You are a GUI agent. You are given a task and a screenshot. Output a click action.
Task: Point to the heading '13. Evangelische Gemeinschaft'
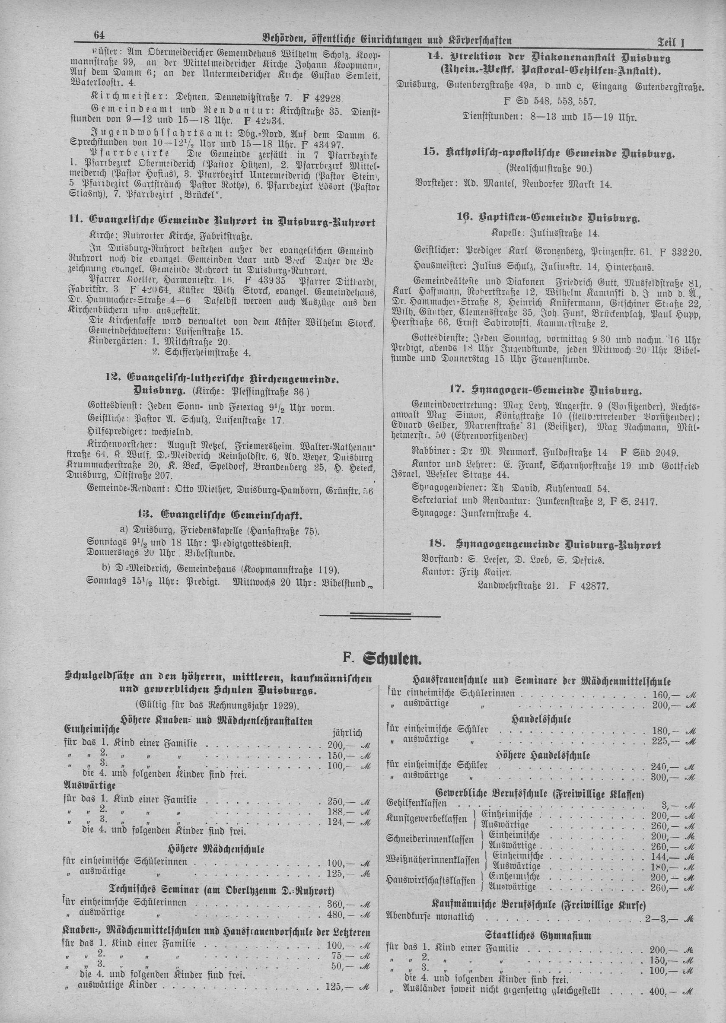pyautogui.click(x=231, y=516)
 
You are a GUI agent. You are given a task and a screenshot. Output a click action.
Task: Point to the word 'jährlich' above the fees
pyautogui.click(x=347, y=734)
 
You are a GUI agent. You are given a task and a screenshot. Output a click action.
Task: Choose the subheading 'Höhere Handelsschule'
pyautogui.click(x=543, y=755)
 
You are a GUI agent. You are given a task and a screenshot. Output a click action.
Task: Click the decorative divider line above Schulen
pyautogui.click(x=386, y=616)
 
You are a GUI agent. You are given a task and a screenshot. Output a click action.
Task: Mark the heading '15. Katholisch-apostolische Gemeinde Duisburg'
pyautogui.click(x=548, y=153)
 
